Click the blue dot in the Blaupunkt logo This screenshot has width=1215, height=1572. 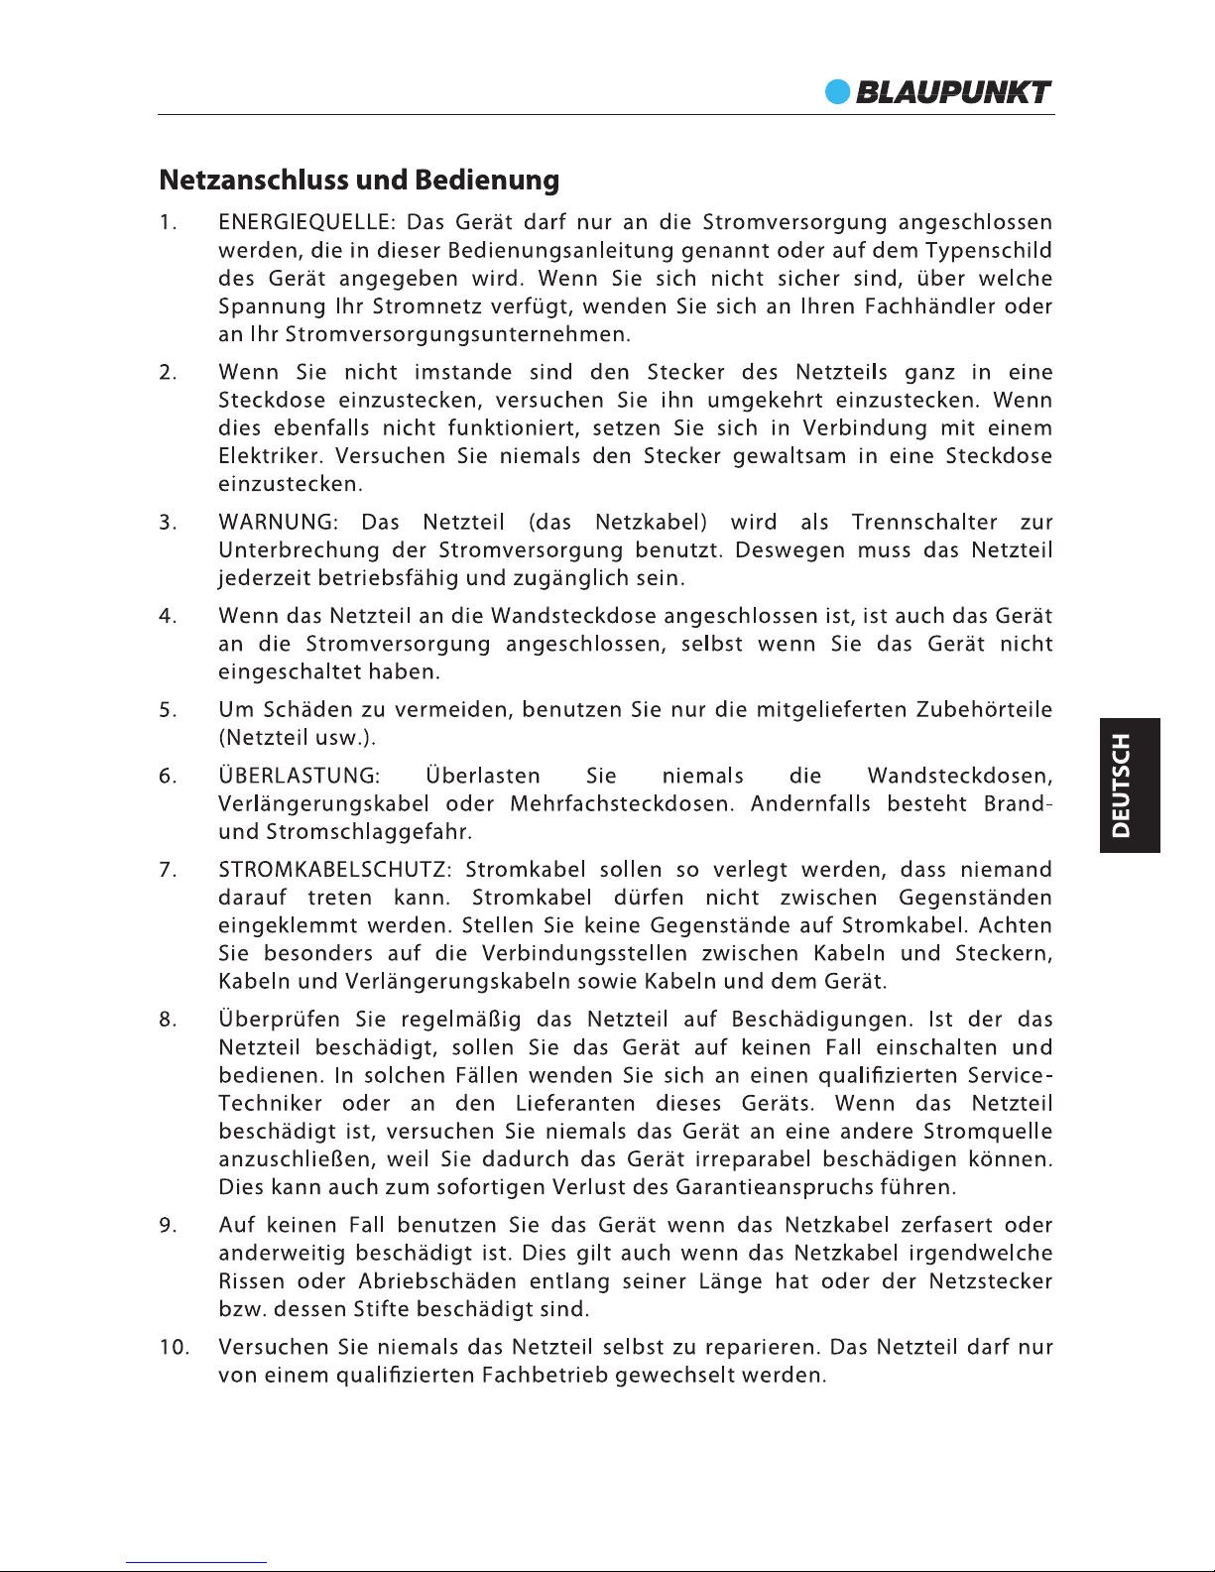tap(839, 92)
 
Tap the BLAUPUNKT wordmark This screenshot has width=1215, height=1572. tap(953, 92)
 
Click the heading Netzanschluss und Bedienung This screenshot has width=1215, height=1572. tap(359, 181)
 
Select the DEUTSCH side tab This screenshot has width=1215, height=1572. tap(1122, 786)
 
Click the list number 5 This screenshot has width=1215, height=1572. tap(168, 710)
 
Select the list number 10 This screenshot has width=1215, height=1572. tap(174, 1348)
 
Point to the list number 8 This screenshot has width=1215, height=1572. tap(168, 1020)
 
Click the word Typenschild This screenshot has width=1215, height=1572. tap(989, 251)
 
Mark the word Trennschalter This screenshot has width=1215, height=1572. tap(924, 523)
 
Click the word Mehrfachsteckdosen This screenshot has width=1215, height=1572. tap(622, 803)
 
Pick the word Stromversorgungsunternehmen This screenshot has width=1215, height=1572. tap(457, 334)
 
